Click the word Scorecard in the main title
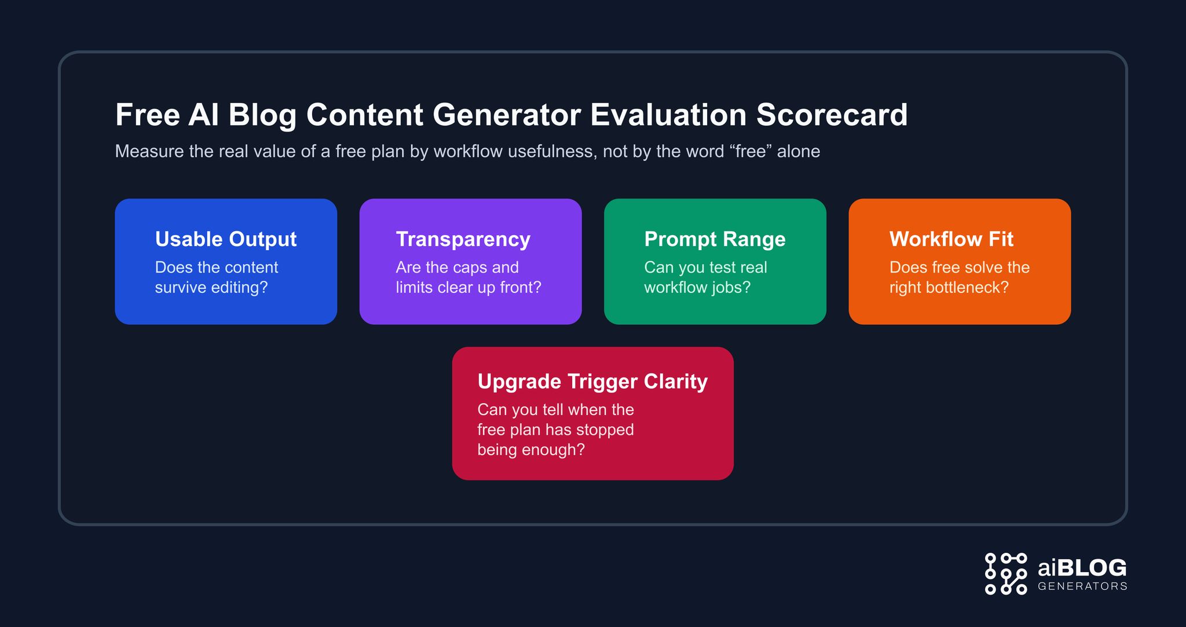pyautogui.click(x=832, y=115)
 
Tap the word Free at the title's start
pyautogui.click(x=147, y=115)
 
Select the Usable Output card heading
pyautogui.click(x=226, y=239)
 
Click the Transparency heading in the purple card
pyautogui.click(x=463, y=239)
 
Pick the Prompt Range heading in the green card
pyautogui.click(x=715, y=239)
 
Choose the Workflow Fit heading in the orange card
pyautogui.click(x=951, y=239)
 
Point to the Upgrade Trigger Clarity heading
pyautogui.click(x=592, y=382)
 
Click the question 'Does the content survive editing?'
pyautogui.click(x=217, y=277)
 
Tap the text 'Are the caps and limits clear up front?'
pyautogui.click(x=468, y=277)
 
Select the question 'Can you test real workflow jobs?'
pyautogui.click(x=705, y=277)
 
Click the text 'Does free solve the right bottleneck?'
pyautogui.click(x=959, y=277)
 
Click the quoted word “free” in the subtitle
pyautogui.click(x=751, y=152)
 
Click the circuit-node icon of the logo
pyautogui.click(x=1006, y=574)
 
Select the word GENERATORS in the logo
pyautogui.click(x=1082, y=586)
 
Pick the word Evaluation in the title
pyautogui.click(x=668, y=115)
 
